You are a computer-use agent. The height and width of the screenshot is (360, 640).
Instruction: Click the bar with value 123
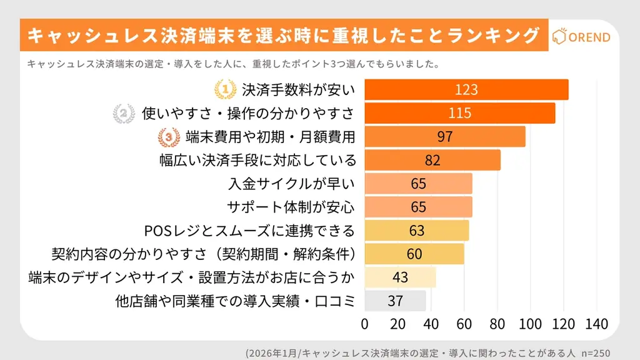tap(466, 90)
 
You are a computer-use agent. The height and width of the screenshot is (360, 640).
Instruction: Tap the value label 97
tap(445, 137)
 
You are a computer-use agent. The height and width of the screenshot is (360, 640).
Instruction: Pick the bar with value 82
tap(432, 160)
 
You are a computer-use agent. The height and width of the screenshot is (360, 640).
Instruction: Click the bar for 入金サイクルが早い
tap(418, 184)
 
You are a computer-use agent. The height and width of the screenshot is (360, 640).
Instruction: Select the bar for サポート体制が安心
tap(418, 207)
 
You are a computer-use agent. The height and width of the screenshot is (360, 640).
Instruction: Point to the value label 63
tap(417, 231)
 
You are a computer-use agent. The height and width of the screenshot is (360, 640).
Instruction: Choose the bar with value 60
tap(414, 254)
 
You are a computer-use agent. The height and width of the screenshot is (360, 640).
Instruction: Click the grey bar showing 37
tap(395, 301)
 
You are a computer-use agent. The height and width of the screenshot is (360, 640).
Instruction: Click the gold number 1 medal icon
tap(224, 90)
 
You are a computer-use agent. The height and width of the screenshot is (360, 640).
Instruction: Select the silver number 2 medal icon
tap(123, 114)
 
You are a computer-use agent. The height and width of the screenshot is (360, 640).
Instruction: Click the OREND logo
tap(581, 37)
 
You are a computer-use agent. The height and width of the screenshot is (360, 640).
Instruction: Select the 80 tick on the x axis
tap(497, 324)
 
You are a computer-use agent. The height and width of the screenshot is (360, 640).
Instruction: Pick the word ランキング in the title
tap(493, 36)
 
